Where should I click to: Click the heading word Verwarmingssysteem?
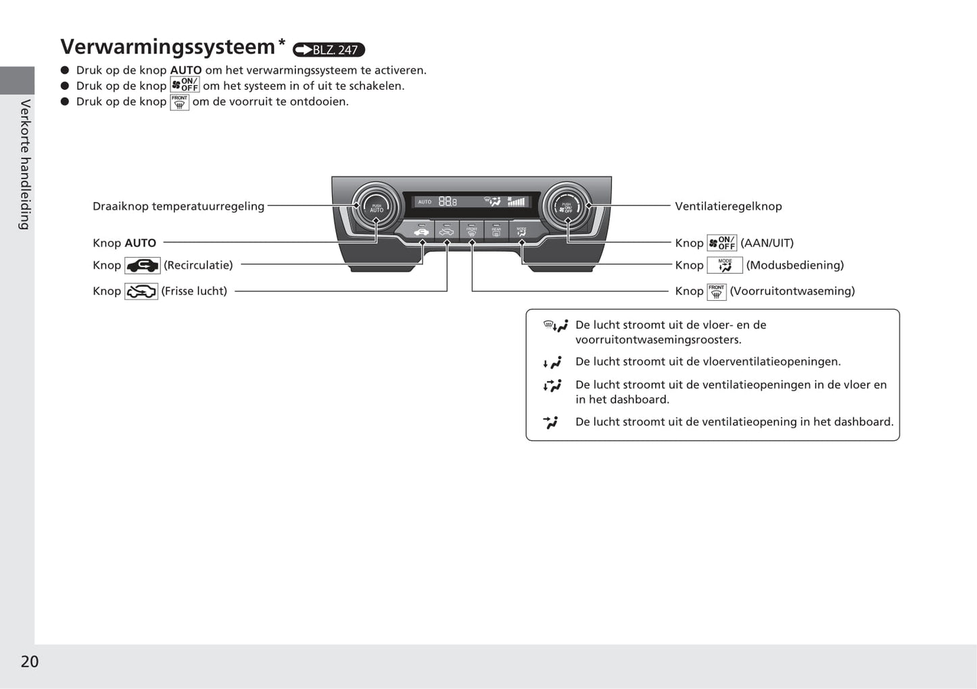(168, 47)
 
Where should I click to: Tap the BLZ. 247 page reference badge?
(329, 50)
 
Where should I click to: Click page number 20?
(30, 661)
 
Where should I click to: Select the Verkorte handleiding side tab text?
(25, 164)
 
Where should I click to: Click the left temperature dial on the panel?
(376, 206)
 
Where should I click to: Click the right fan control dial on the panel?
(567, 206)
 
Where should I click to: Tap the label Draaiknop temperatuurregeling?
(178, 206)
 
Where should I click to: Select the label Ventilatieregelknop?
(728, 206)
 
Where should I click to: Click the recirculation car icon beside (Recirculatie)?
(142, 266)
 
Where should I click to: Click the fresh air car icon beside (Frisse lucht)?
(141, 291)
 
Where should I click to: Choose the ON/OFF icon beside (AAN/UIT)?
(721, 243)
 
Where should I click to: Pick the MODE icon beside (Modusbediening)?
(725, 265)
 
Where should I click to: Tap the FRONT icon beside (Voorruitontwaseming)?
(716, 291)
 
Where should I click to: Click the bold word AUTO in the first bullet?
(186, 70)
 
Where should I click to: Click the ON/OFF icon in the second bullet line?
(185, 85)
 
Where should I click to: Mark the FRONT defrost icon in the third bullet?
(179, 102)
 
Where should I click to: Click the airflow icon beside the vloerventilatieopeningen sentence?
(552, 363)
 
